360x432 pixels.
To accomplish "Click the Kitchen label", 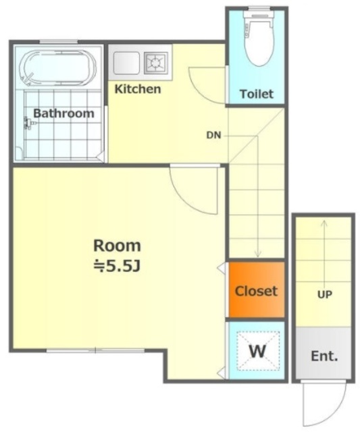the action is click(138, 89).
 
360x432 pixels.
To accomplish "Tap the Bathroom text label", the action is click(63, 113).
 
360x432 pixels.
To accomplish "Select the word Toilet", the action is click(257, 94).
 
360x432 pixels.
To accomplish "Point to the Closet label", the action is click(256, 291).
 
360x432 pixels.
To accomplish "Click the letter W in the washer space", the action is click(258, 351).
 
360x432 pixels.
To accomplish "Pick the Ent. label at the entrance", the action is click(324, 356).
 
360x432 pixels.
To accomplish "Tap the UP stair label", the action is click(325, 294).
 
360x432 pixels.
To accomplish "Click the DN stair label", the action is click(213, 135).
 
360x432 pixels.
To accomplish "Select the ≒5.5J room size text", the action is click(118, 266).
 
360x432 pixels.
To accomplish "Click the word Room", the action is click(117, 246).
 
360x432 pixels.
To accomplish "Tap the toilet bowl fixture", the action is click(259, 38).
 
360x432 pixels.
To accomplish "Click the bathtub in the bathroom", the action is click(59, 67).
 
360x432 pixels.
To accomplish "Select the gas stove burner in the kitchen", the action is click(156, 63).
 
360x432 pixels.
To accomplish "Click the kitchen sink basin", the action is click(126, 63).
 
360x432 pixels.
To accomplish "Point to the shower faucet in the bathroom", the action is click(29, 123).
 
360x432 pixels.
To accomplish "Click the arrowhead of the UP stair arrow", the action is click(324, 223).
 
